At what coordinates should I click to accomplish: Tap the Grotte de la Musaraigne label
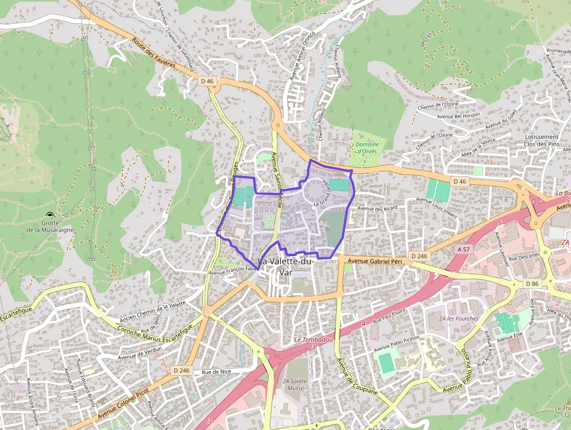[50, 226]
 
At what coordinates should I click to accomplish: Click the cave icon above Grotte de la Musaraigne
[50, 215]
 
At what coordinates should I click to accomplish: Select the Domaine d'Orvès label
[367, 148]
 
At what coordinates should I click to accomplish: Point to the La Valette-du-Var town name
[286, 267]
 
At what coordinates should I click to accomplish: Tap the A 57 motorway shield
[464, 249]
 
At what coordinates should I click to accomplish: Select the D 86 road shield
[532, 284]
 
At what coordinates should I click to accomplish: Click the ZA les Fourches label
[454, 319]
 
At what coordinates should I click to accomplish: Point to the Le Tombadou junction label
[313, 340]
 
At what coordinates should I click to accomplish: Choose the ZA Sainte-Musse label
[295, 385]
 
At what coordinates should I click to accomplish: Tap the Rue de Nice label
[216, 372]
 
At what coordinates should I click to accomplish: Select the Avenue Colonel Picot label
[124, 402]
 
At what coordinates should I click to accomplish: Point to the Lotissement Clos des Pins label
[541, 140]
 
